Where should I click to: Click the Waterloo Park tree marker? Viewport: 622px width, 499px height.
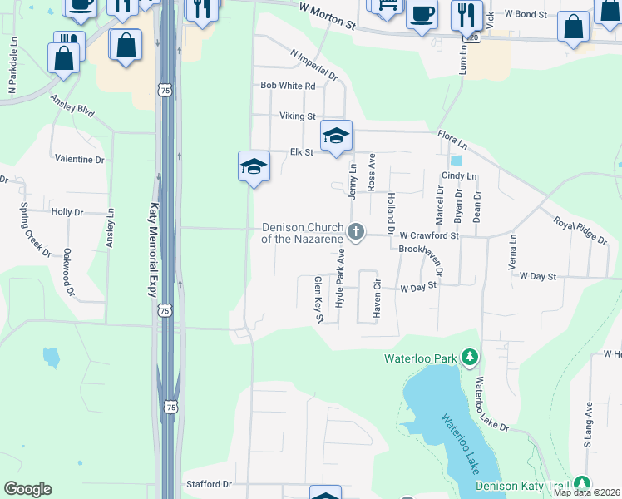point(470,358)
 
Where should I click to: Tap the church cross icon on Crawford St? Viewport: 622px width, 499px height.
point(357,232)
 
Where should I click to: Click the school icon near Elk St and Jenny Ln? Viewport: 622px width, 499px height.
point(336,136)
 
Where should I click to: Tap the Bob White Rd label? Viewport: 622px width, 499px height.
point(288,86)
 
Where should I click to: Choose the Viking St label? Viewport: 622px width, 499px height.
point(297,116)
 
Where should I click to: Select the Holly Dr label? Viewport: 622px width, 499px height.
point(67,212)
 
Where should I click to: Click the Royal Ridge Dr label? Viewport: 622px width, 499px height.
point(580,230)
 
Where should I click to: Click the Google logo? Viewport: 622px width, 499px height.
point(28,489)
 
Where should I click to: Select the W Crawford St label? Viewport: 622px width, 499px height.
point(429,236)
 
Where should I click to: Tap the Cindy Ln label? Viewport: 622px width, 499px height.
point(459,176)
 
